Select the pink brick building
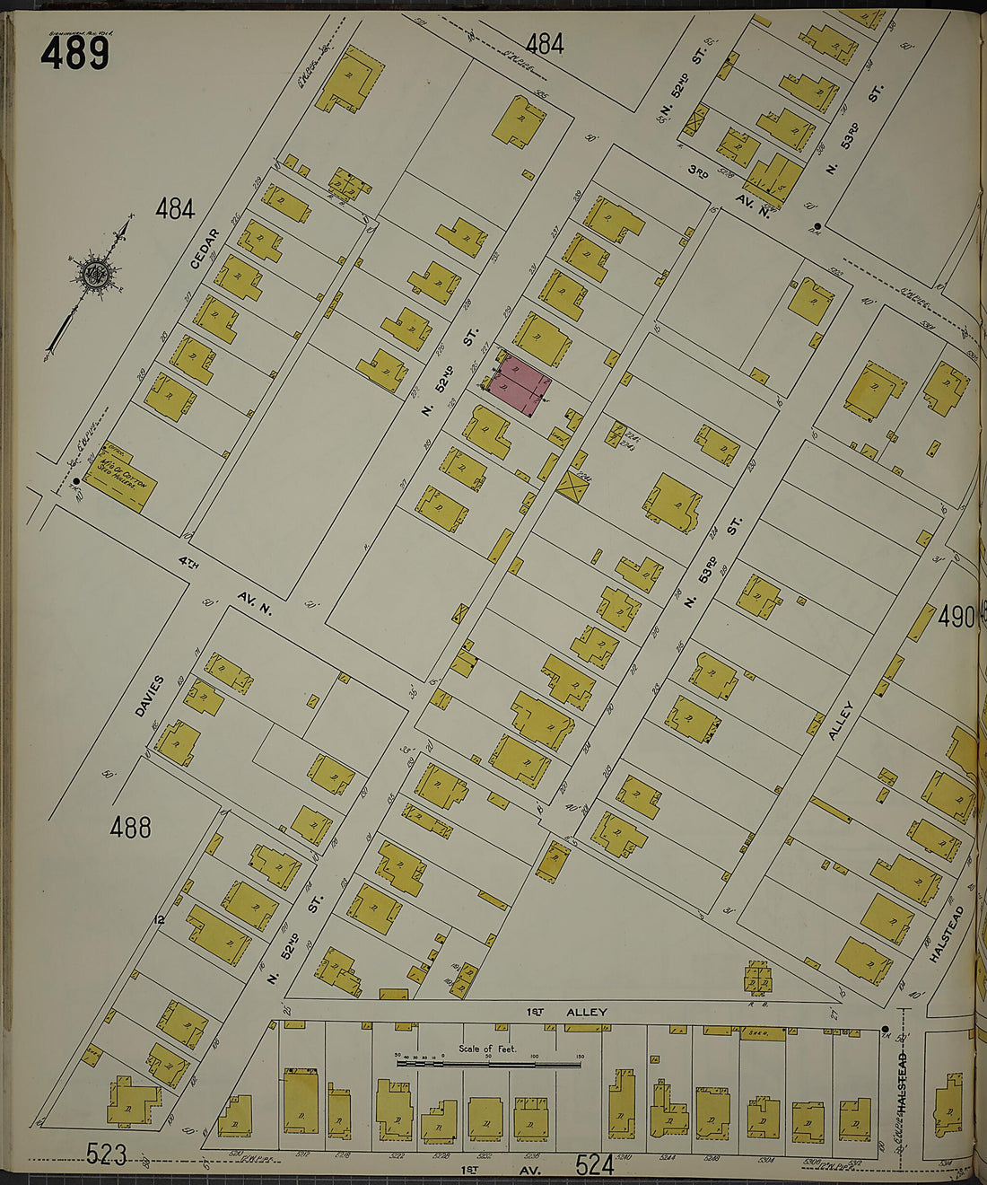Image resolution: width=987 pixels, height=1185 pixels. click(x=520, y=385)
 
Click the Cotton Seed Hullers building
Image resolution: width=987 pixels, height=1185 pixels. click(x=121, y=477)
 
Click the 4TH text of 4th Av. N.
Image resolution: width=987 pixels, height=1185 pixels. click(x=187, y=565)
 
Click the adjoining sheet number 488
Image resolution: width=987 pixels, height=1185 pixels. click(x=130, y=827)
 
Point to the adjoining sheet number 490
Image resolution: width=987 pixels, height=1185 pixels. click(x=956, y=617)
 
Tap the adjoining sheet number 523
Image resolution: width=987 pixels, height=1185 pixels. click(x=106, y=1154)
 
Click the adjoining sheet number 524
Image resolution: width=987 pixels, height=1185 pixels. click(x=594, y=1165)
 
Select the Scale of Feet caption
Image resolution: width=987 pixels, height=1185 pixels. click(x=487, y=1049)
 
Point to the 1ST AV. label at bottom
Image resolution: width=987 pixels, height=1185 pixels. click(x=471, y=1169)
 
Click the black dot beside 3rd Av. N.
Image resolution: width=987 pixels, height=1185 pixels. click(x=817, y=226)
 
